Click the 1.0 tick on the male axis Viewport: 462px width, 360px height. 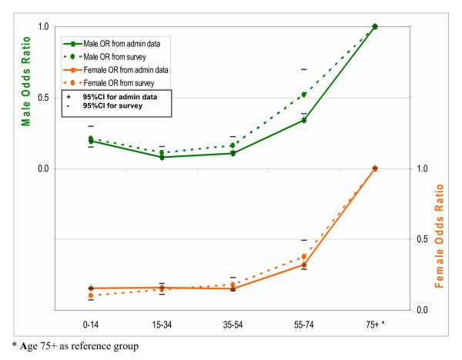click(x=44, y=27)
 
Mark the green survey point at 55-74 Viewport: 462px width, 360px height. click(x=304, y=95)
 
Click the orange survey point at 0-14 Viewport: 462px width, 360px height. click(x=91, y=295)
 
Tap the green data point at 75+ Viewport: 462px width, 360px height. click(x=375, y=26)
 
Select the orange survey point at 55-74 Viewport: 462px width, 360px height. click(x=304, y=256)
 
